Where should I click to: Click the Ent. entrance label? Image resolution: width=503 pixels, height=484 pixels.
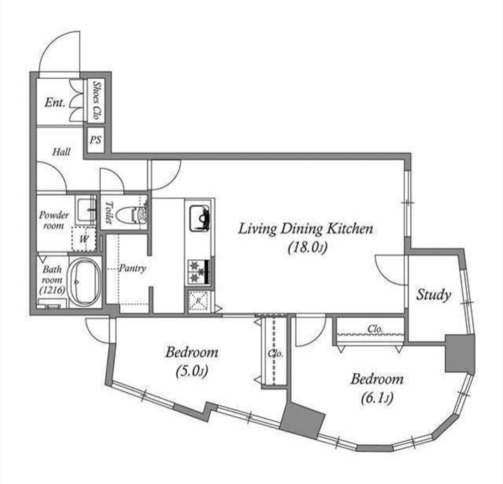click(x=55, y=102)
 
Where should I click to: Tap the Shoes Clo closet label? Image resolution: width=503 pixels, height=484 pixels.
click(x=96, y=101)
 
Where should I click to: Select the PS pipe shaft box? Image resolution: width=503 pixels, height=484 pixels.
click(x=96, y=140)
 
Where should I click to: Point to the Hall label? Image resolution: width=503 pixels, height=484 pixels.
click(x=62, y=151)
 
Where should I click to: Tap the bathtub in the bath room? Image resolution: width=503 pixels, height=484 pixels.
click(x=85, y=282)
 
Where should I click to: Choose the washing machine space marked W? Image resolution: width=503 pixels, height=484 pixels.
click(x=84, y=239)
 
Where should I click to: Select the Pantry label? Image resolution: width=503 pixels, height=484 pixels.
click(x=132, y=269)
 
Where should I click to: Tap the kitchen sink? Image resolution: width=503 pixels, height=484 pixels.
click(x=200, y=218)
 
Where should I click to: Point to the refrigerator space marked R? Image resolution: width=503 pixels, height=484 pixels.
click(x=198, y=301)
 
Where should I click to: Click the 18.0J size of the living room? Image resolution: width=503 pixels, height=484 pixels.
click(x=307, y=247)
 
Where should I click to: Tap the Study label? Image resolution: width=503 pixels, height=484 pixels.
click(x=434, y=295)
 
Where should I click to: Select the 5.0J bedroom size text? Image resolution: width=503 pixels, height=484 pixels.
click(x=192, y=371)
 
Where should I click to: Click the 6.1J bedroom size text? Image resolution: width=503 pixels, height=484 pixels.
click(x=377, y=398)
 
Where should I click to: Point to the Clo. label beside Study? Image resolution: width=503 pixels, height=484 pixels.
click(x=375, y=329)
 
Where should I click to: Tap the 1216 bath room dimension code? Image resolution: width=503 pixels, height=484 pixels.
click(x=52, y=290)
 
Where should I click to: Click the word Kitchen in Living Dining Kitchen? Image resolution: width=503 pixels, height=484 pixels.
click(x=350, y=229)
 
